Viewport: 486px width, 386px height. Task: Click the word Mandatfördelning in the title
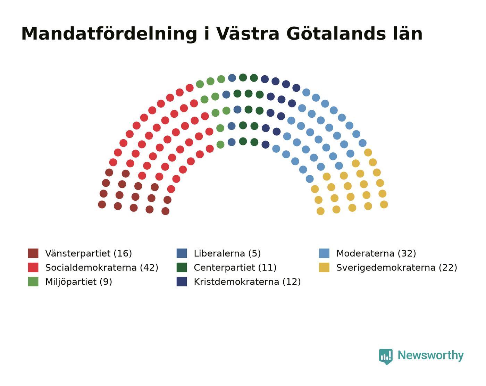[109, 34]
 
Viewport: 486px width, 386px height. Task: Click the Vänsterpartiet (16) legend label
[89, 253]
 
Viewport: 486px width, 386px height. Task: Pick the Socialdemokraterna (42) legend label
[102, 268]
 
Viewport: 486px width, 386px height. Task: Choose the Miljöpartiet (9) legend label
[78, 282]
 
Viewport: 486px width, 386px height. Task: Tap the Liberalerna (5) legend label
[227, 253]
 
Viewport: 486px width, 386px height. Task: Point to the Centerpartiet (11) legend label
[235, 268]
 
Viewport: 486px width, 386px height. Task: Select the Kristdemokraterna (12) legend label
[247, 282]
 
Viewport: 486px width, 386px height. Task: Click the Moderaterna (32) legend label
[376, 253]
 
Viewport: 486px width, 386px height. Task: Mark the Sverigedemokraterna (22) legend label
[396, 268]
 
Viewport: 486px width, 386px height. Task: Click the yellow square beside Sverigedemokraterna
[324, 267]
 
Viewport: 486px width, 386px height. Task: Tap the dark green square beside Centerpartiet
[182, 267]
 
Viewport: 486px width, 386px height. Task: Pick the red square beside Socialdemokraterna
[33, 267]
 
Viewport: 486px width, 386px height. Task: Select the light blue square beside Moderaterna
[324, 253]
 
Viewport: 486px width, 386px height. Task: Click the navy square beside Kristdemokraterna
[182, 282]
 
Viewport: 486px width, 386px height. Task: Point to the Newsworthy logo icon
[386, 356]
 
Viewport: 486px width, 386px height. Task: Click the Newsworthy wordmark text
[430, 355]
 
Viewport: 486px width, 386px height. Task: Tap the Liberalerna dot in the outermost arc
[232, 78]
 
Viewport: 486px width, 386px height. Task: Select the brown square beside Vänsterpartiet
[33, 253]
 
